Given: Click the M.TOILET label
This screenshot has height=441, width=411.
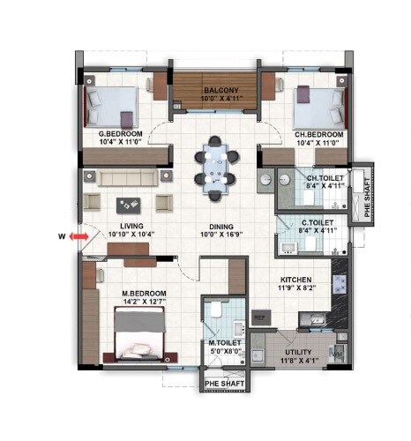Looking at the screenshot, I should (x=224, y=342).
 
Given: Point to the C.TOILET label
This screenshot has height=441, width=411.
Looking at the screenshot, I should (x=317, y=223).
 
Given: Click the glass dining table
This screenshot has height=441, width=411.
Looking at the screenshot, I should (x=216, y=163).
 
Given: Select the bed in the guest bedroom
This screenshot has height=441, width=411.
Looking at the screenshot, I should (x=110, y=106).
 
